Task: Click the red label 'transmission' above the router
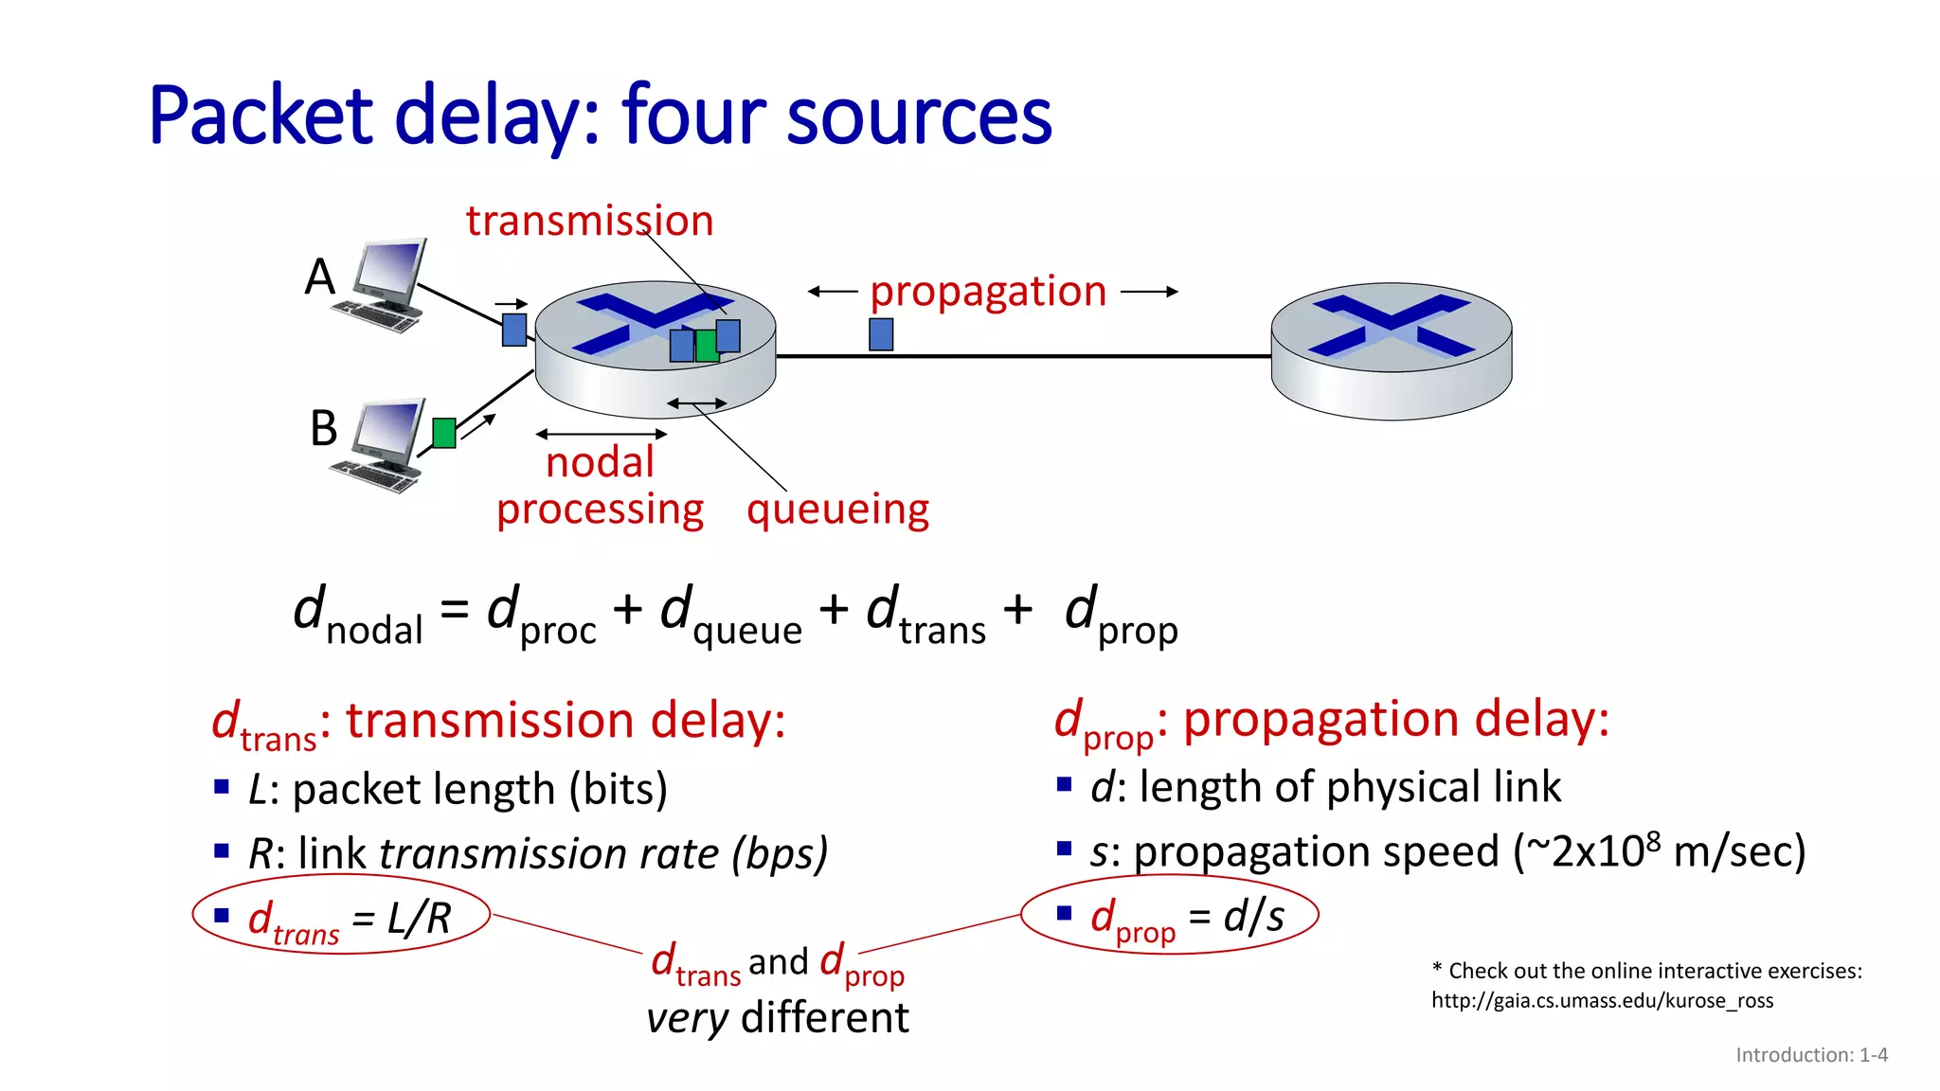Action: click(x=589, y=222)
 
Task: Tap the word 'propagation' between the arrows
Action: click(x=988, y=292)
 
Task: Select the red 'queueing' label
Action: click(x=837, y=510)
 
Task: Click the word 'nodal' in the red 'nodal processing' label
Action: click(x=600, y=463)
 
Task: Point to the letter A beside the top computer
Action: click(x=320, y=277)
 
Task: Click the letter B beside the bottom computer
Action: click(x=323, y=428)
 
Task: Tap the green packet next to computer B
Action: click(x=443, y=433)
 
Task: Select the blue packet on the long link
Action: click(x=881, y=334)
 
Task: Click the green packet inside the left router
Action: click(x=706, y=346)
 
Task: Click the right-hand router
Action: click(x=1391, y=350)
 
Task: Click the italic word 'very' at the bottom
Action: click(x=687, y=1019)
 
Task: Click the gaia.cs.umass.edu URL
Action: click(x=1602, y=1001)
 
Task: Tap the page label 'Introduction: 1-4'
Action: click(x=1811, y=1055)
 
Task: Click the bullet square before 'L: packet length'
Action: click(x=222, y=786)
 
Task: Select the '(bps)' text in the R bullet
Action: click(x=780, y=854)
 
